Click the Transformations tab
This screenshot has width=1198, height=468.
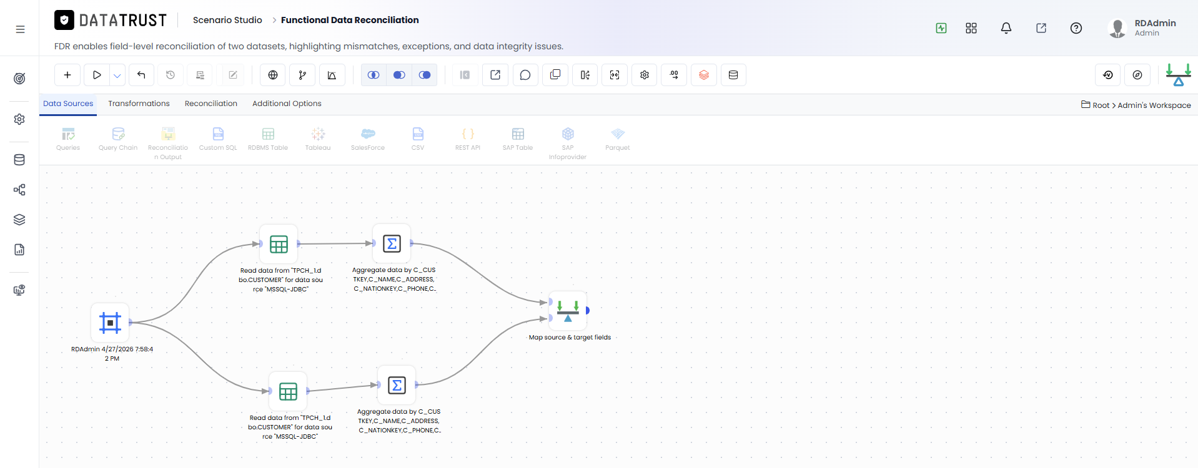pyautogui.click(x=139, y=104)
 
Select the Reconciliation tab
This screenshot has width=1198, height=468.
pyautogui.click(x=211, y=104)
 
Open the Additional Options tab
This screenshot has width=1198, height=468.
pyautogui.click(x=287, y=104)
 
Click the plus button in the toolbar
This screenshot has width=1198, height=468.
pyautogui.click(x=67, y=75)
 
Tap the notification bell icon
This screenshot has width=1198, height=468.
pyautogui.click(x=1006, y=28)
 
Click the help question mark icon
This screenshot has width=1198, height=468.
pyautogui.click(x=1076, y=28)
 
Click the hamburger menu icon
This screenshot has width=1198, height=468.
pyautogui.click(x=20, y=29)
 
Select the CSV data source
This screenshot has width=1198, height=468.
pyautogui.click(x=418, y=139)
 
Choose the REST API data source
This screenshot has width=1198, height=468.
pyautogui.click(x=468, y=139)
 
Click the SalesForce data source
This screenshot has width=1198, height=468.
pyautogui.click(x=368, y=139)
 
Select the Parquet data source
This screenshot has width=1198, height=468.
pyautogui.click(x=618, y=139)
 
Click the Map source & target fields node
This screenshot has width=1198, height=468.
pyautogui.click(x=568, y=311)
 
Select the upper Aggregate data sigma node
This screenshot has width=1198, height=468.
pyautogui.click(x=392, y=243)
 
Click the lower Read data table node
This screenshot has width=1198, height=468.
pyautogui.click(x=288, y=391)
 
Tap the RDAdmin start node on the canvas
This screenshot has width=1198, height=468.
pyautogui.click(x=110, y=323)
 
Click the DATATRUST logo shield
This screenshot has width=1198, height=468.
pyautogui.click(x=64, y=21)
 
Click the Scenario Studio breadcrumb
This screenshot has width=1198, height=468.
pyautogui.click(x=227, y=20)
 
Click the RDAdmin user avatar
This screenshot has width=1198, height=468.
pyautogui.click(x=1117, y=28)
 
